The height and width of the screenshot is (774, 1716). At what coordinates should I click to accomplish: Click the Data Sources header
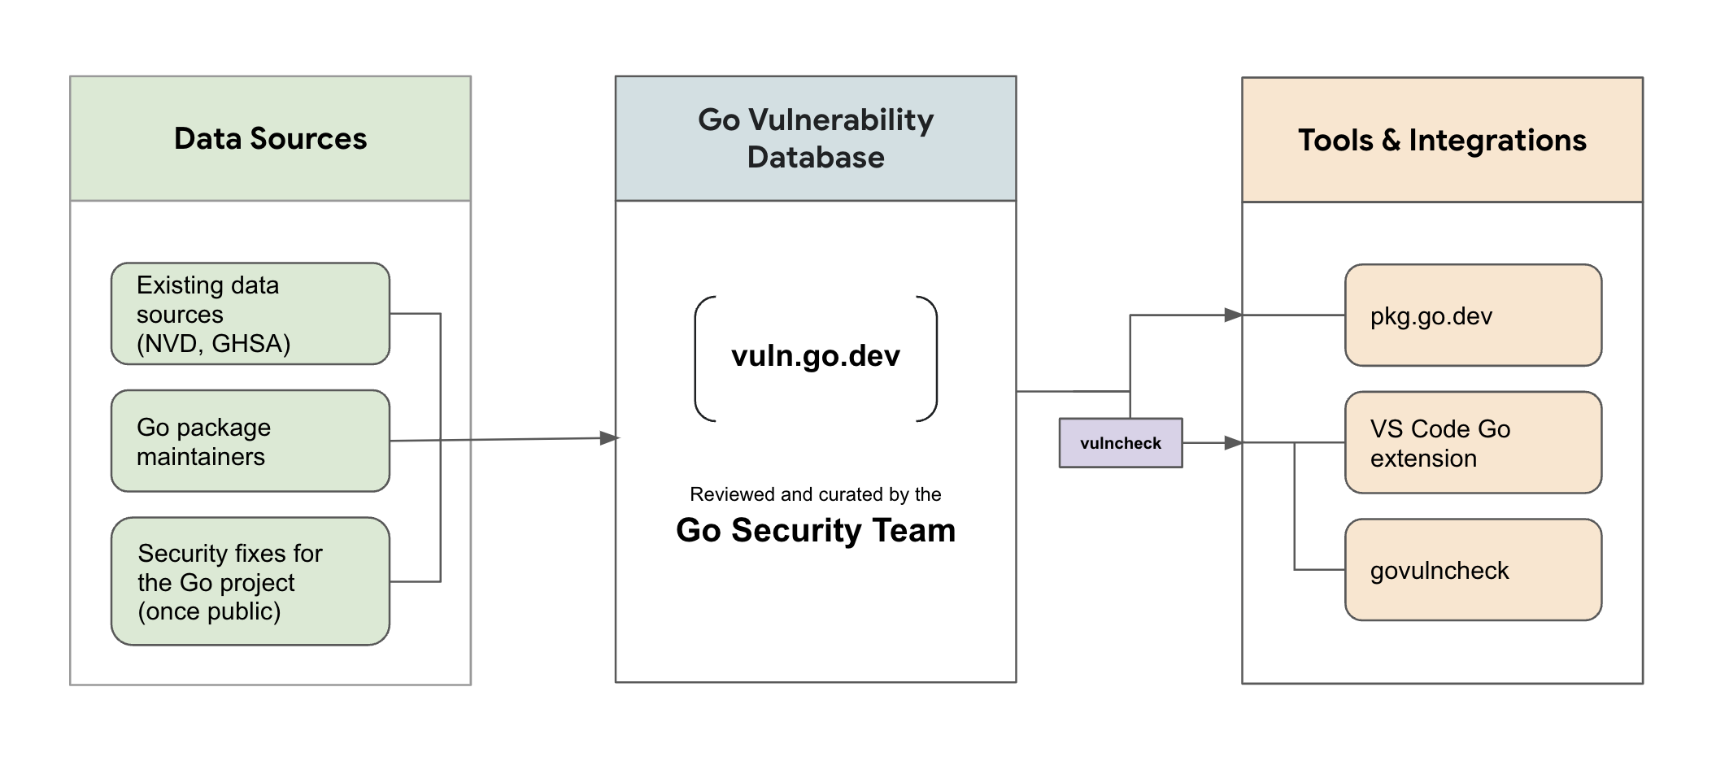(x=270, y=138)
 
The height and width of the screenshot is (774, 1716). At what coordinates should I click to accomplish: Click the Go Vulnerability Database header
(x=815, y=138)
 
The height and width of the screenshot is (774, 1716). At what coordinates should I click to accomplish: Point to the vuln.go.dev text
(x=815, y=356)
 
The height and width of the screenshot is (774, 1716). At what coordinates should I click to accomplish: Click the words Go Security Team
(x=815, y=530)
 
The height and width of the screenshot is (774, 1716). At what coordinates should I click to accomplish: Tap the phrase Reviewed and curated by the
(x=815, y=494)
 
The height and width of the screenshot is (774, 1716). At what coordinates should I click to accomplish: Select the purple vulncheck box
(x=1120, y=443)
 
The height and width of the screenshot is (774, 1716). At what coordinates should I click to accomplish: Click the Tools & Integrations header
(x=1441, y=140)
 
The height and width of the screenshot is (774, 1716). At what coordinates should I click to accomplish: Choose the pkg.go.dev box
(x=1472, y=315)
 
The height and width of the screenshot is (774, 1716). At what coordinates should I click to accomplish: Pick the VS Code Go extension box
(x=1472, y=442)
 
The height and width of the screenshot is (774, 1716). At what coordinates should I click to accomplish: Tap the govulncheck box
(x=1472, y=570)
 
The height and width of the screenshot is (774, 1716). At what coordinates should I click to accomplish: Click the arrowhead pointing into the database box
(x=609, y=438)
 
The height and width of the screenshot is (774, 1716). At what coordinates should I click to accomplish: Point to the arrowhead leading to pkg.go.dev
(x=1233, y=315)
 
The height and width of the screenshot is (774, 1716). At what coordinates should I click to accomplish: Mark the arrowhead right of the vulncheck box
(x=1233, y=443)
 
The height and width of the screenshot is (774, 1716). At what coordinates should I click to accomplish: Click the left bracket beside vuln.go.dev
(x=699, y=359)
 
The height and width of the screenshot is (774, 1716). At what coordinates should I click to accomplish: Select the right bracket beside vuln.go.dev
(x=933, y=359)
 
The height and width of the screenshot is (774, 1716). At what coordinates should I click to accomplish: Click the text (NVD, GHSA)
(x=213, y=344)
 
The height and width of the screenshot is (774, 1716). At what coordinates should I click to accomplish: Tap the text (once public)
(x=209, y=611)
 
